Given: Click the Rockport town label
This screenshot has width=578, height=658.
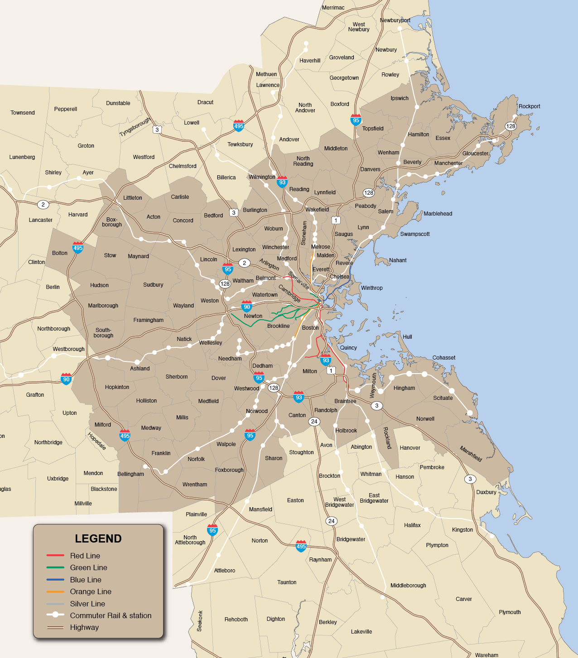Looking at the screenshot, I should tap(529, 106).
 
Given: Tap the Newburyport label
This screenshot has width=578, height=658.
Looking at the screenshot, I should tap(395, 20).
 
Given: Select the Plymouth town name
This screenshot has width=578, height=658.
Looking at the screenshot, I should tap(510, 612).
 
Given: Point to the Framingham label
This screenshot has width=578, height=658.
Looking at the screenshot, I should tap(148, 320).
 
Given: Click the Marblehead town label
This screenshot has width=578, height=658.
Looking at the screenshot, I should tap(438, 214).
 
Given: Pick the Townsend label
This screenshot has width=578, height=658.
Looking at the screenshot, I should tap(23, 113).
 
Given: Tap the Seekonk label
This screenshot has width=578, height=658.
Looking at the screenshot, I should tap(200, 621).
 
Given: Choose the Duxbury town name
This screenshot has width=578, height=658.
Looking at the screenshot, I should tap(486, 492).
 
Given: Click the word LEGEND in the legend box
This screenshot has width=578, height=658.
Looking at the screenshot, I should tap(98, 538).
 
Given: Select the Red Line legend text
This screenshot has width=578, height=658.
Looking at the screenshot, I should tap(85, 556).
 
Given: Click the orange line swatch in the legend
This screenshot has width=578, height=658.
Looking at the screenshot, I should tap(55, 591).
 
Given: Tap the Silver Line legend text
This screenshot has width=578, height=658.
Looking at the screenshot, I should tap(87, 604).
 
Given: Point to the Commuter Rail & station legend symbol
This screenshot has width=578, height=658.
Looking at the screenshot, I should tap(55, 615).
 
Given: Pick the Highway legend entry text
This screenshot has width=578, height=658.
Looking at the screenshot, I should tap(84, 627).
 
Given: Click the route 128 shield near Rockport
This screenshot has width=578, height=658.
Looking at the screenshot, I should tap(511, 126).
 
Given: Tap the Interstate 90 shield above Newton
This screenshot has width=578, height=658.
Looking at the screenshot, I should tap(247, 307).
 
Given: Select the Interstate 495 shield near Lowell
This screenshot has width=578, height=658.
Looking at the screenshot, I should tap(239, 126).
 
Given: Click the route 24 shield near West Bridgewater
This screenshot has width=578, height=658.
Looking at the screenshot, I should tap(331, 521).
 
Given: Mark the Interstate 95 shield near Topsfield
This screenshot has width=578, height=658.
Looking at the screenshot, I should tap(356, 120).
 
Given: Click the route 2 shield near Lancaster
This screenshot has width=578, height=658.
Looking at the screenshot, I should tap(43, 204).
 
